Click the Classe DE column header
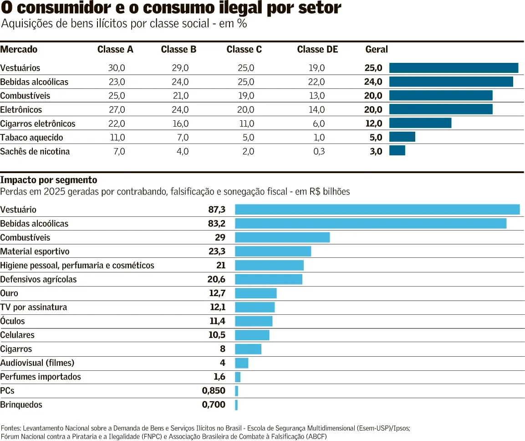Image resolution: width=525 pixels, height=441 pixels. tap(317, 49)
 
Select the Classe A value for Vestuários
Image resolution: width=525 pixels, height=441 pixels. tap(117, 68)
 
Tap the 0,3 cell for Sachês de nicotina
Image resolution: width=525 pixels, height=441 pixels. tap(319, 151)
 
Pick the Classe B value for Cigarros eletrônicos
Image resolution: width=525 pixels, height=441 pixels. tap(180, 123)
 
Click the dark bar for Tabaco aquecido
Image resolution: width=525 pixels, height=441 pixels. tap(402, 137)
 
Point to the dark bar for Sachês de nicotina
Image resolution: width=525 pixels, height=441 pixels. tap(397, 150)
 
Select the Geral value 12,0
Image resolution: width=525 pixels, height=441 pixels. tap(374, 123)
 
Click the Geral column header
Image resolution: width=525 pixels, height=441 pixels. tap(377, 49)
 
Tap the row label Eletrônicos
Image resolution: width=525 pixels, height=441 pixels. tap(21, 110)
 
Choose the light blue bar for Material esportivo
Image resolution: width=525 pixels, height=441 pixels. tap(273, 251)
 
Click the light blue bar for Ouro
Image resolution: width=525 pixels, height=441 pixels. tap(256, 293)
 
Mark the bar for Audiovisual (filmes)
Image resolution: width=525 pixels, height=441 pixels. tap(242, 363)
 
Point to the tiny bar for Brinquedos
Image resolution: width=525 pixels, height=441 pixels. tap(236, 405)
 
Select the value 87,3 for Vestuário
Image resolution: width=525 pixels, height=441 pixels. tap(217, 210)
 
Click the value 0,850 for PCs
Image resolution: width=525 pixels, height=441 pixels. tap(214, 391)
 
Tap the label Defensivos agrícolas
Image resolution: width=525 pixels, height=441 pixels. tap(38, 279)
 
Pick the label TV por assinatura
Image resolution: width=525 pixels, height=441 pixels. tap(34, 308)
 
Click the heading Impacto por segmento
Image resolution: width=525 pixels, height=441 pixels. tap(49, 180)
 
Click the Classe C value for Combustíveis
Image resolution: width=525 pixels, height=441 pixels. tap(246, 96)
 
